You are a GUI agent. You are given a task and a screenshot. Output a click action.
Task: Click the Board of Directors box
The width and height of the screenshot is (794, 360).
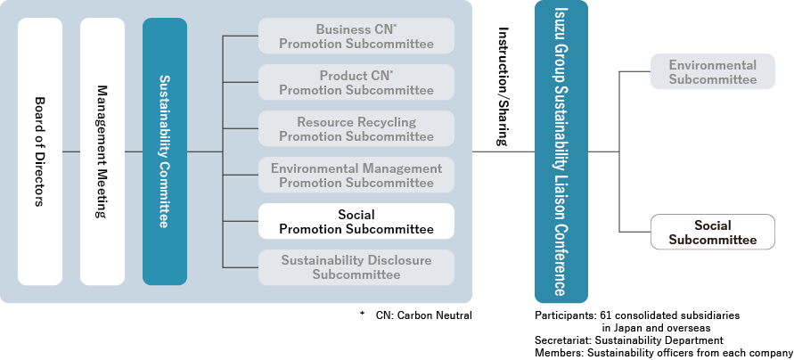point(40,151)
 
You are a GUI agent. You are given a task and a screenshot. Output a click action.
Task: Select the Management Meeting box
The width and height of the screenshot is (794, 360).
point(102,151)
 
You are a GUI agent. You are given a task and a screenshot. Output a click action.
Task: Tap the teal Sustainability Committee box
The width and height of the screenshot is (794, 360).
point(165,151)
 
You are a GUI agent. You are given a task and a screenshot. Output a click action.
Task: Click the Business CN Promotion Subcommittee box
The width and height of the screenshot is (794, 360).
point(356,37)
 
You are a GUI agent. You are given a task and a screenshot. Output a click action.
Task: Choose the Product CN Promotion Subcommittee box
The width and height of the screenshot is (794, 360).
point(356,83)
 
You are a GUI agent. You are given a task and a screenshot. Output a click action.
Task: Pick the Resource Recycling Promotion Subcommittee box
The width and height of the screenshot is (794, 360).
point(356,129)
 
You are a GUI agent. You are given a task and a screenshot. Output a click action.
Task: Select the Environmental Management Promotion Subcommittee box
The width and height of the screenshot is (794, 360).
point(356,176)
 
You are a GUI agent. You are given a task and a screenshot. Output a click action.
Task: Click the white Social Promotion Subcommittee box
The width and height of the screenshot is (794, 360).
point(356,222)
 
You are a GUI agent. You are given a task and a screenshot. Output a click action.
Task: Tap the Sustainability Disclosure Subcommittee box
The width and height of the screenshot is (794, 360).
point(356,267)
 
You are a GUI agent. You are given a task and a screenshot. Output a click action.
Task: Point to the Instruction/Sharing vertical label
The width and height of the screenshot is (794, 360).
point(503,86)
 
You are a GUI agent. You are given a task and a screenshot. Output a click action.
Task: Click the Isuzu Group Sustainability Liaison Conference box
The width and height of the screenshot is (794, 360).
point(560,151)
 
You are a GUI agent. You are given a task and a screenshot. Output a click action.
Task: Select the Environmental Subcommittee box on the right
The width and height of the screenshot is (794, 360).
point(712,72)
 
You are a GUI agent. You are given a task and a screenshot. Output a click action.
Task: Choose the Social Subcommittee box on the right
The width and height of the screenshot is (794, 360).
point(712,233)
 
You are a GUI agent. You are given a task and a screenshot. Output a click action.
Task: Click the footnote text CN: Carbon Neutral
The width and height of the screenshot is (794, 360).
point(423,315)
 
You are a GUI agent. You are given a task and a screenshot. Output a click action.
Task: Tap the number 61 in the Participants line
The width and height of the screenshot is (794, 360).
point(607,315)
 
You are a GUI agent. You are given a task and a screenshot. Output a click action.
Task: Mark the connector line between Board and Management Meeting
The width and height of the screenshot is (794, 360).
point(71,151)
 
